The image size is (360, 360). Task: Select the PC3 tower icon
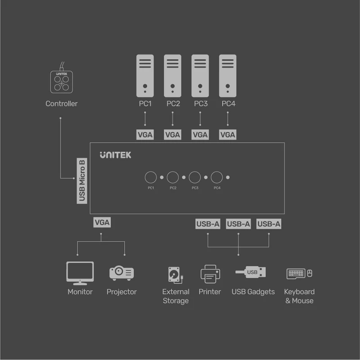coord(200,76)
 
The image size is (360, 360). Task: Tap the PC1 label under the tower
coord(145,104)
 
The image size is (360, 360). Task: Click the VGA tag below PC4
coord(228,135)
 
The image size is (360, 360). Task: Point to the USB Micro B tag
coord(82,181)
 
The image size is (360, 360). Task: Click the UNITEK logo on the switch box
coord(116,155)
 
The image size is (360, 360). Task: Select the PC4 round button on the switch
coord(217,177)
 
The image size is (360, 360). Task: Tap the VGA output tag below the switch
coord(102,222)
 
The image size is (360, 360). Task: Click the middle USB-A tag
coord(238,224)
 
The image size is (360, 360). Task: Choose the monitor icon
coord(80,273)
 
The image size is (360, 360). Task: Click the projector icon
coord(121,273)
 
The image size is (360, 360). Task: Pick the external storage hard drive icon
coord(175,275)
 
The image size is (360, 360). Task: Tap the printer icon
coord(210,274)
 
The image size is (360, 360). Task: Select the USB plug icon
coord(251,272)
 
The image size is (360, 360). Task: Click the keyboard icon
coord(296,274)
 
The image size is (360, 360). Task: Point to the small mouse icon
coord(310,273)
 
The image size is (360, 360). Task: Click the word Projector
coord(121,292)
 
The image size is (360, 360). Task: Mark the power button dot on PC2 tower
coord(172,86)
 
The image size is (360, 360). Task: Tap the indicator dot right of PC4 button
coord(228,177)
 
